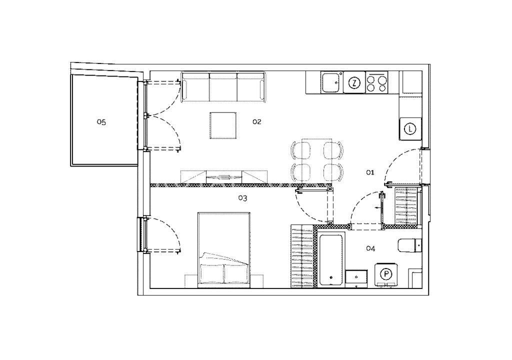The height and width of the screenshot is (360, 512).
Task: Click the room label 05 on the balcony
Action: coord(101,122)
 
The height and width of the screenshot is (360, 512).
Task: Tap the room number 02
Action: coord(257,121)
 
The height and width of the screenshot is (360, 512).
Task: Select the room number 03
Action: coord(242,198)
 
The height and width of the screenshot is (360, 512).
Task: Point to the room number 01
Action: coord(370,172)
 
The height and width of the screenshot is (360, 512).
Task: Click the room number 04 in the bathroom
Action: coord(370,248)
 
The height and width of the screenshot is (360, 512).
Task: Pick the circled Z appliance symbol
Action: coord(354,82)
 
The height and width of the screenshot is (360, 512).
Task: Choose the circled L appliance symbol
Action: coord(410,128)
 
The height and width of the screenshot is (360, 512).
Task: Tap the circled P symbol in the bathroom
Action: coord(386,274)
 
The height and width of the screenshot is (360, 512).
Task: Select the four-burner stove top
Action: coord(376,82)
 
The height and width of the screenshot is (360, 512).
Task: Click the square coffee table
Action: coord(223,125)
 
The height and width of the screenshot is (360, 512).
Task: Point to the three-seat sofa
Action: coord(223,87)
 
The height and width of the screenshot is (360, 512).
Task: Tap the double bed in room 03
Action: coord(224,250)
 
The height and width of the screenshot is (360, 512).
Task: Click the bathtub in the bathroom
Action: coord(331,260)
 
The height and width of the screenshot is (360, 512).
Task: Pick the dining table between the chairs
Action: coord(316,160)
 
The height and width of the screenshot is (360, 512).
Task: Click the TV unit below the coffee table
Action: coord(224,176)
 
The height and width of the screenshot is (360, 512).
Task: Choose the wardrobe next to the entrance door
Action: coord(406,206)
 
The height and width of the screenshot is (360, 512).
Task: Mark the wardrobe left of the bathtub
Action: coord(302,256)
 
